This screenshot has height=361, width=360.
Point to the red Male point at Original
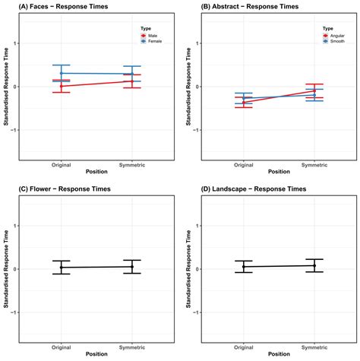tap(62, 87)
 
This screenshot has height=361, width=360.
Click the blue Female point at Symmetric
tap(132, 74)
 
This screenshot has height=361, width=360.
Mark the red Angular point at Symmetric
tap(314, 90)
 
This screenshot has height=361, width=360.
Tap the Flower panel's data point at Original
tap(62, 268)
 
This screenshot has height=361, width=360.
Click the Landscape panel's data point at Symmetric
tap(314, 265)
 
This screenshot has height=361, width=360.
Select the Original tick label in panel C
tap(62, 347)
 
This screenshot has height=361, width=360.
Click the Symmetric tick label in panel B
tap(314, 165)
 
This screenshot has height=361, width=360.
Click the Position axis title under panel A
tap(96, 172)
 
